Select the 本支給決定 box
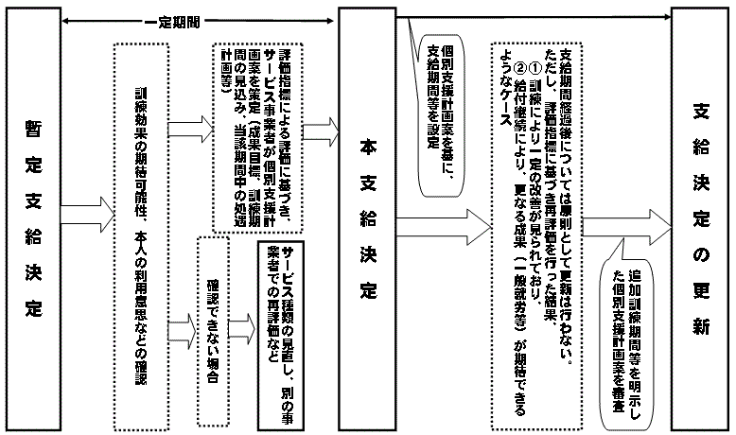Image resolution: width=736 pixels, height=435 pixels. tap(370, 217)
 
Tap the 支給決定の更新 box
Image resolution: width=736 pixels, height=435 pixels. tap(699, 217)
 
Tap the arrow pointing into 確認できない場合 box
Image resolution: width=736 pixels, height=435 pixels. tap(179, 331)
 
